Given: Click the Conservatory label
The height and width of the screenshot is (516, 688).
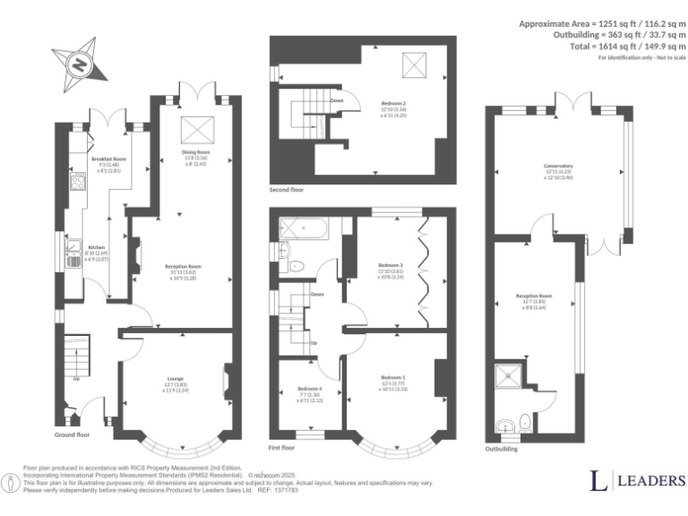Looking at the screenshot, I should click(557, 166).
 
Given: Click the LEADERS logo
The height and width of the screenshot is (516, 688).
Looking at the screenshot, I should click(637, 480).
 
